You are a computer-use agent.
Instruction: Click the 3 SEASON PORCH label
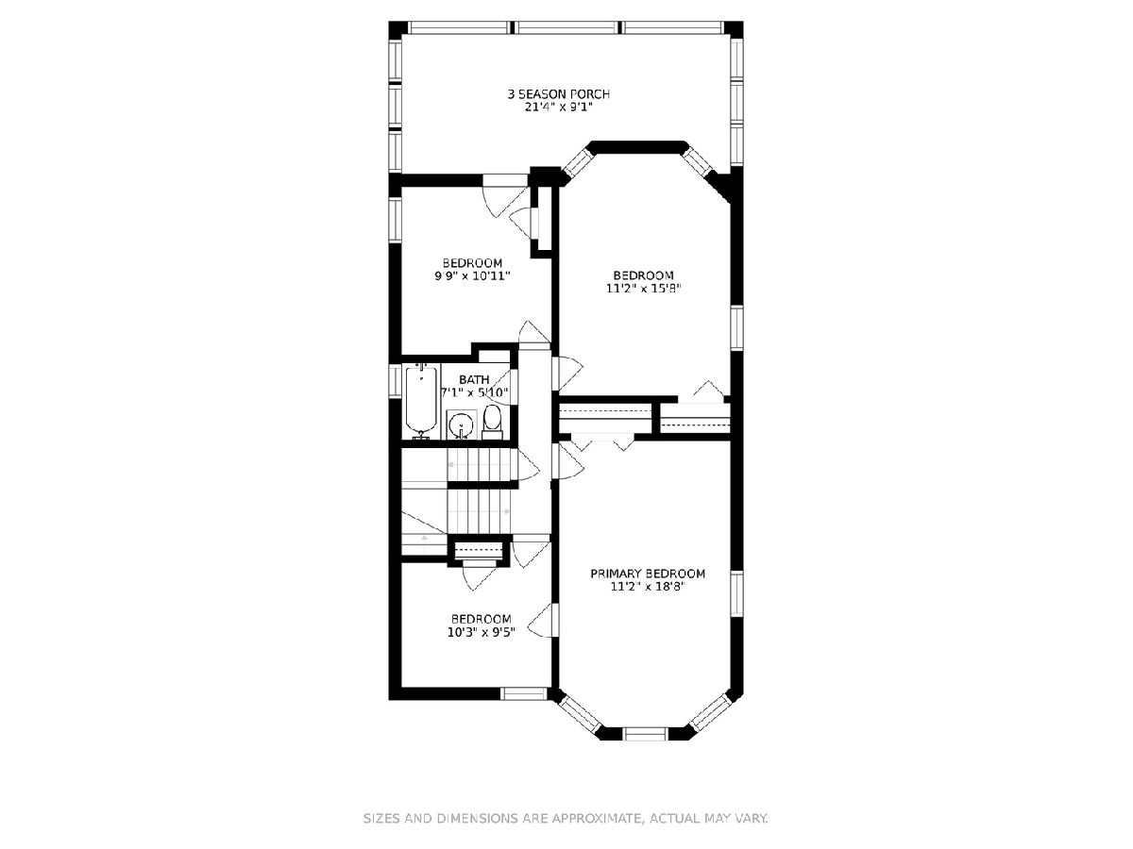[559, 94]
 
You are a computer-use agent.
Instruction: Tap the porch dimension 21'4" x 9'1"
[559, 108]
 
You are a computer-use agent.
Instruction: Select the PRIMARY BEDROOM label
[648, 574]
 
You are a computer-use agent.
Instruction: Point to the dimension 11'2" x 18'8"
[648, 587]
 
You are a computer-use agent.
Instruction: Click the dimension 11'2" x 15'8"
[644, 289]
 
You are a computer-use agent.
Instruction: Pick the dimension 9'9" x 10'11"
[472, 275]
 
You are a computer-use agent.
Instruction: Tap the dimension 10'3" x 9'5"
[482, 632]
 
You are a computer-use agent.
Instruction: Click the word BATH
[474, 380]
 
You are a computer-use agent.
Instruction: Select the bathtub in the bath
[421, 401]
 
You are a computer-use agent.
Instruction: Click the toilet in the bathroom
[492, 423]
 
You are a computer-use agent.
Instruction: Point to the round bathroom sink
[461, 425]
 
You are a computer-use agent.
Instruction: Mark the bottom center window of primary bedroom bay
[645, 734]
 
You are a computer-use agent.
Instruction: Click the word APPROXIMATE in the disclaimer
[598, 818]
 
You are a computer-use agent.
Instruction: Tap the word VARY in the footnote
[753, 818]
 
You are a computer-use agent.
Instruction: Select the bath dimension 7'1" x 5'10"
[475, 392]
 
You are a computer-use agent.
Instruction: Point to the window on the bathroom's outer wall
[395, 380]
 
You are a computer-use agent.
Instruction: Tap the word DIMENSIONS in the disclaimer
[477, 818]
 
